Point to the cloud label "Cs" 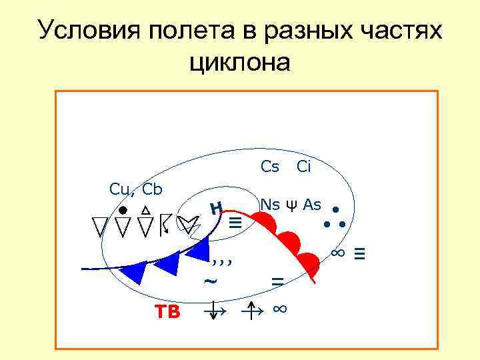click(x=269, y=167)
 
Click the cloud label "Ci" click(x=303, y=167)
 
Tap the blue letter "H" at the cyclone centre click(x=215, y=209)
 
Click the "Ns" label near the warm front click(x=269, y=205)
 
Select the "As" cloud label click(x=312, y=205)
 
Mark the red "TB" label click(x=167, y=311)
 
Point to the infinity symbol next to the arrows click(x=280, y=309)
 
